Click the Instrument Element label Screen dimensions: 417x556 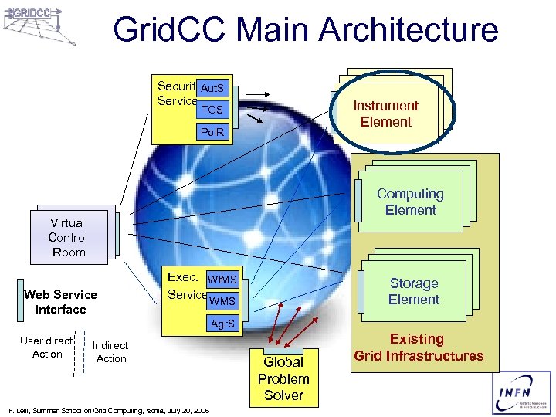385,114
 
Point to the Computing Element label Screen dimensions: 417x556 410,202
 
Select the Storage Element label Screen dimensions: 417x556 413,291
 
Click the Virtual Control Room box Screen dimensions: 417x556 68,237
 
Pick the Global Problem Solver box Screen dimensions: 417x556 283,378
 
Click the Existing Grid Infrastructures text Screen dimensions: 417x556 418,347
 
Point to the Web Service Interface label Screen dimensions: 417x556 60,302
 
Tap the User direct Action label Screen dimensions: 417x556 47,347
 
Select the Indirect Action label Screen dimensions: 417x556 110,352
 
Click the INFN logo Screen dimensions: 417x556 520,392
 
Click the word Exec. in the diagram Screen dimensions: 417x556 183,276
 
